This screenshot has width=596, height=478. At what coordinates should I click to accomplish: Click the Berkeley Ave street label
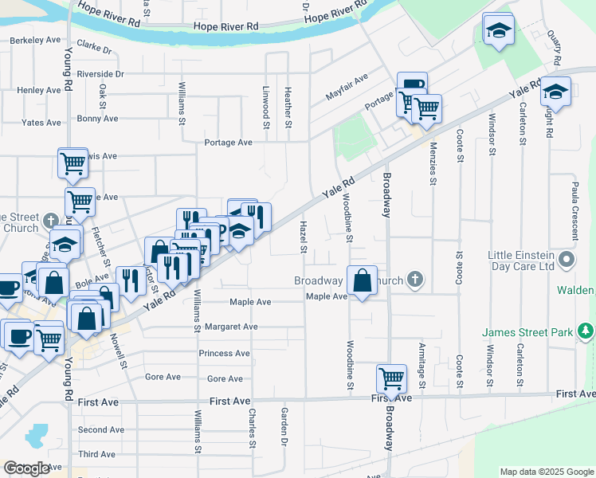tap(35, 39)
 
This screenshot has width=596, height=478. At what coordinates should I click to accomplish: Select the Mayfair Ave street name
tap(346, 88)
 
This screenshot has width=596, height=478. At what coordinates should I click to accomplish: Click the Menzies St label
tap(433, 170)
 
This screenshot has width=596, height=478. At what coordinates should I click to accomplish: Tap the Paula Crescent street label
tap(574, 210)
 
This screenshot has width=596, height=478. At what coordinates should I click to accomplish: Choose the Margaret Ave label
tap(231, 327)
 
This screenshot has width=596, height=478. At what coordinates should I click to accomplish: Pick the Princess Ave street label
tap(225, 353)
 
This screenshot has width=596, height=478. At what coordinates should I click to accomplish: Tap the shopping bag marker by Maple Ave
tap(362, 280)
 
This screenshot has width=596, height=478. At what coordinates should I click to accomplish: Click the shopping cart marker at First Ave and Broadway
tap(391, 378)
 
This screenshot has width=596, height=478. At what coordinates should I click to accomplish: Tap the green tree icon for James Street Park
tap(586, 331)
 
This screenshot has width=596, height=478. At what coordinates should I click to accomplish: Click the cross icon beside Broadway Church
tap(414, 280)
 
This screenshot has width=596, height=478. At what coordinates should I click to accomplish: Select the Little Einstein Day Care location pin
tap(566, 261)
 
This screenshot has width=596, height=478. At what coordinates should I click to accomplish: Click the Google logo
tap(26, 468)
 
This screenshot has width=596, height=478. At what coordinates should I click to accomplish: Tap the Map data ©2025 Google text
tap(547, 472)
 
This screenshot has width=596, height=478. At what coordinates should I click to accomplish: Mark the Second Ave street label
tap(101, 429)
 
